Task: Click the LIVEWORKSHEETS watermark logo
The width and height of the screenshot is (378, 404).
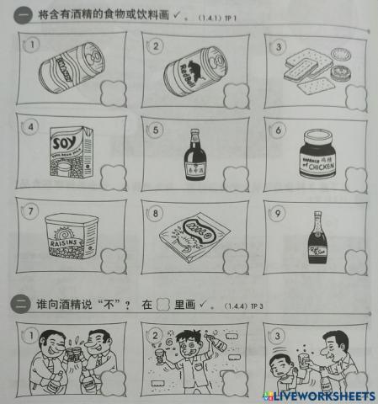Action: (320, 395)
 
